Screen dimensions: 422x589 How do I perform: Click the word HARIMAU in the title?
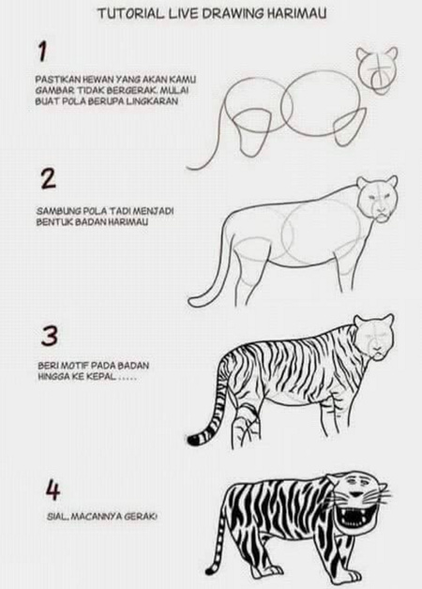pyautogui.click(x=296, y=14)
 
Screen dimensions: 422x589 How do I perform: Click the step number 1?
pyautogui.click(x=42, y=52)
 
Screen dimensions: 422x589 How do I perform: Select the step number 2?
pyautogui.click(x=49, y=179)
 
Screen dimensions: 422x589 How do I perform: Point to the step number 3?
pyautogui.click(x=49, y=336)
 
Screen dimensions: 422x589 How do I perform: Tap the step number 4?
pyautogui.click(x=53, y=491)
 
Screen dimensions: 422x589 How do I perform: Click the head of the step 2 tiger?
pyautogui.click(x=377, y=199)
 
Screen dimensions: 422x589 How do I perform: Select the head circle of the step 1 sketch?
pyautogui.click(x=377, y=69)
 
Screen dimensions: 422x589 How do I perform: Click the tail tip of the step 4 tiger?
pyautogui.click(x=209, y=571)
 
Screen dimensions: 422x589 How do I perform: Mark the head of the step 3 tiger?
pyautogui.click(x=374, y=337)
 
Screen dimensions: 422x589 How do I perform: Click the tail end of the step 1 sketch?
pyautogui.click(x=188, y=168)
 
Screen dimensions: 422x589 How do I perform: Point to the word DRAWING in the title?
pyautogui.click(x=234, y=14)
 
